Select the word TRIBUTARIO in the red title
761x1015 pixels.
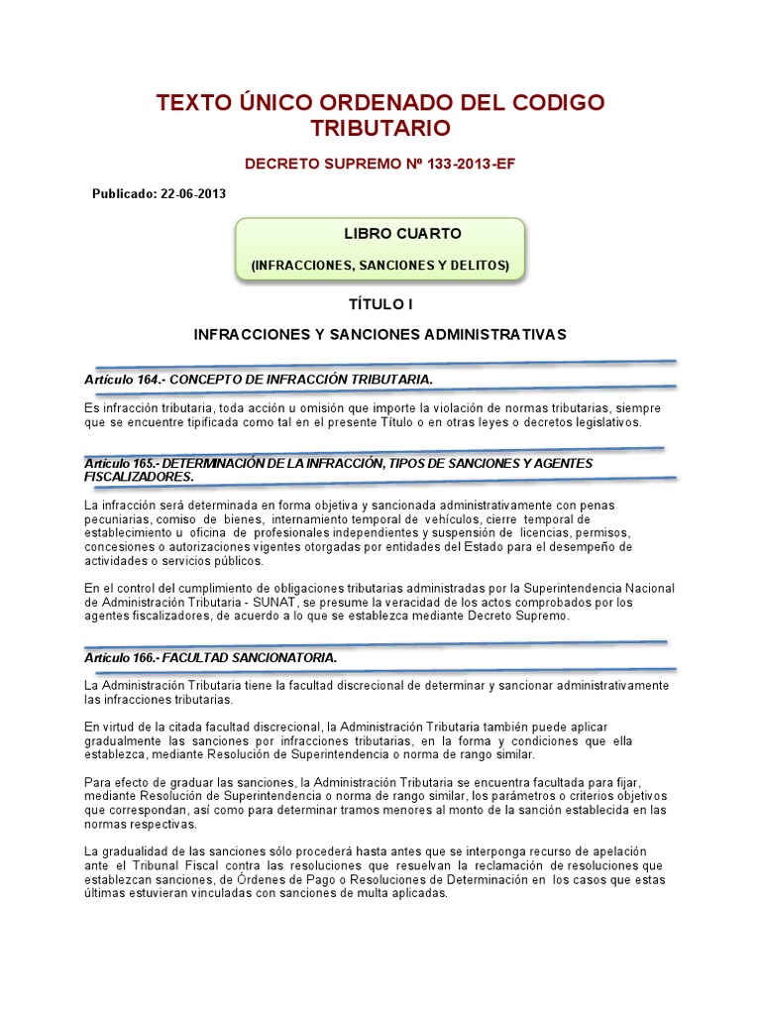pyautogui.click(x=380, y=128)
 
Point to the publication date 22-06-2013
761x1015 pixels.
pyautogui.click(x=192, y=193)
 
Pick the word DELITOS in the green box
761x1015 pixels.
pyautogui.click(x=479, y=266)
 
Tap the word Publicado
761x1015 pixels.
pyautogui.click(x=124, y=193)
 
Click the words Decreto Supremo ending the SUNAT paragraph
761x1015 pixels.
pyautogui.click(x=521, y=617)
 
